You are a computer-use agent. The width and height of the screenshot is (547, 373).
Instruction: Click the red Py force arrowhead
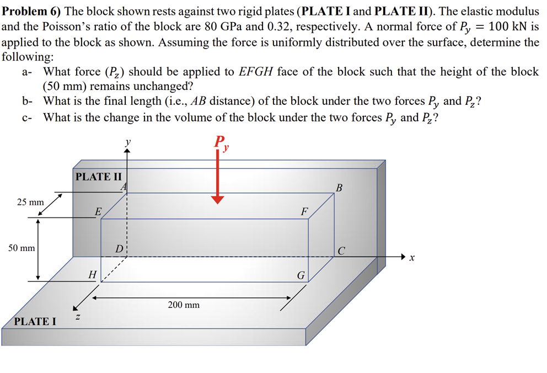coord(218,199)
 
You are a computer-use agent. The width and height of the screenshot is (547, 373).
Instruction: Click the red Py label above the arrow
coord(222,143)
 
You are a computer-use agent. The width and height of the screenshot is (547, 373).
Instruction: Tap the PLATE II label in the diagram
coord(98,177)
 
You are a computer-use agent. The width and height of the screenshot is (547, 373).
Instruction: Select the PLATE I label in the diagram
coord(35,321)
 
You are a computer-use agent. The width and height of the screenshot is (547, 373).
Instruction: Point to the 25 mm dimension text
coord(30,202)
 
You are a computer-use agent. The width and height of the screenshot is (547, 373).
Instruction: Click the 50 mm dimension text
coord(22,248)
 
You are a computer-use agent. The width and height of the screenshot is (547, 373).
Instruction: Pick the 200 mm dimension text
coord(184,305)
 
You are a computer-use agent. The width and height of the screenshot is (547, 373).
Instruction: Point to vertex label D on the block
coord(119,249)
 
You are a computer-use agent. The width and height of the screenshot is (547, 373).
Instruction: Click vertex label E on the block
coord(98,211)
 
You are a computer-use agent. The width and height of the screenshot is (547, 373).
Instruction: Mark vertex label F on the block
coord(304,211)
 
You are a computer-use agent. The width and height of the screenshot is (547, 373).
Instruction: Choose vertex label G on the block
coord(301,274)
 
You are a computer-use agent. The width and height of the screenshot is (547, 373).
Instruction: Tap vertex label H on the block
coord(92,274)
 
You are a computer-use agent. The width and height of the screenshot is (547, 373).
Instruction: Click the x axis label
coord(411,258)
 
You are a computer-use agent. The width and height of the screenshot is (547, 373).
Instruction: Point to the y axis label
coord(127,142)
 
